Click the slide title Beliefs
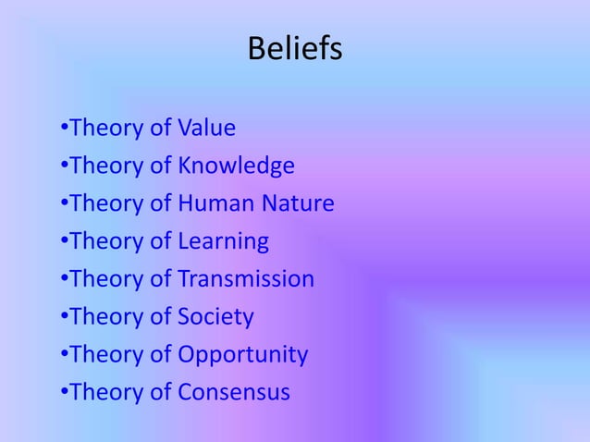pos(294,49)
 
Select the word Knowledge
pos(236,166)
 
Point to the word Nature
pos(298,203)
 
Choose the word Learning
pos(223,241)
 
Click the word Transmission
pos(246,278)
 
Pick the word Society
pos(215,317)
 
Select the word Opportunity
pos(242,355)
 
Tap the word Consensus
pos(233,393)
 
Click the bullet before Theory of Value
pos(63,129)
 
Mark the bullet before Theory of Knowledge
pos(63,166)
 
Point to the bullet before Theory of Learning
pos(63,242)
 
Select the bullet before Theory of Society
pos(63,318)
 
